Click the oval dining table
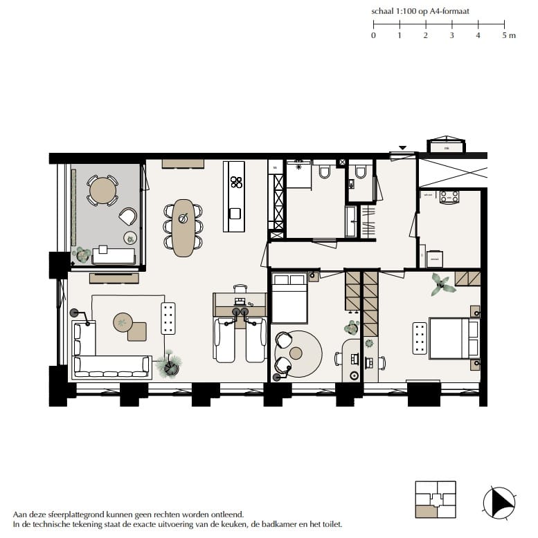(183, 228)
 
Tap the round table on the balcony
(102, 189)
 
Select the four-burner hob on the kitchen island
(236, 183)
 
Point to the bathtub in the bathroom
(351, 221)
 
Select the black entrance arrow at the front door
(401, 148)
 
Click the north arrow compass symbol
(499, 500)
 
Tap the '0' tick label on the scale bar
(373, 35)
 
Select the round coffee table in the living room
(123, 322)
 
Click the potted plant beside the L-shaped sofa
(168, 364)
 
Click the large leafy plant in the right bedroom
(439, 284)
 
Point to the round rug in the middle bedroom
(298, 353)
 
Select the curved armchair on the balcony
(128, 216)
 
